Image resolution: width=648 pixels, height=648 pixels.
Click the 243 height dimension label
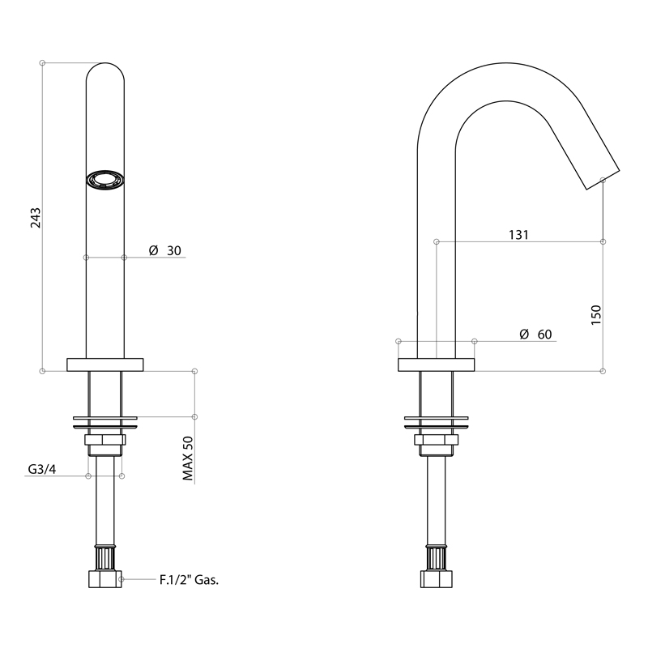point(36,218)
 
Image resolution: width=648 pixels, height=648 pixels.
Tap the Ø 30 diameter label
point(165,250)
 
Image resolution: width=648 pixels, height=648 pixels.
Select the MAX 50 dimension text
point(188,458)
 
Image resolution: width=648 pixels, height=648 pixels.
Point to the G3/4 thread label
point(42,469)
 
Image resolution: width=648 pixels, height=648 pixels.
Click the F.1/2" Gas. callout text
point(190,580)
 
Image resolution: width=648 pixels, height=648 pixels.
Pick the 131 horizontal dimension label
point(518,235)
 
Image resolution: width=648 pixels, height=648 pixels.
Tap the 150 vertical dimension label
point(596,315)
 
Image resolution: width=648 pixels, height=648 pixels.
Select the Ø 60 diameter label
point(535,334)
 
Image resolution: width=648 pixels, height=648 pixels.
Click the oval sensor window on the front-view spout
point(105,181)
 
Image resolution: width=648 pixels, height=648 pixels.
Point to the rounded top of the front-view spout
point(105,71)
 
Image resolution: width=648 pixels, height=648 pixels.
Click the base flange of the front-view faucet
point(105,365)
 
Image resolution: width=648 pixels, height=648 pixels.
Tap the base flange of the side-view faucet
point(436,365)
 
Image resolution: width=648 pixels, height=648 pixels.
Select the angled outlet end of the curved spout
point(603,180)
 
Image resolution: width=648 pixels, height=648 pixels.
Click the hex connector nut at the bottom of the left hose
point(105,579)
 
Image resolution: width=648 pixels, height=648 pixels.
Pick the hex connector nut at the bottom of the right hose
point(437,579)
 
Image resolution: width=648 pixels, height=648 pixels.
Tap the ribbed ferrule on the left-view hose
point(105,557)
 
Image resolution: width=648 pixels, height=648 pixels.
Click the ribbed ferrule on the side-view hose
point(437,557)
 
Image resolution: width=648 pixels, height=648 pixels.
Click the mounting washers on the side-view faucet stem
point(437,422)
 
